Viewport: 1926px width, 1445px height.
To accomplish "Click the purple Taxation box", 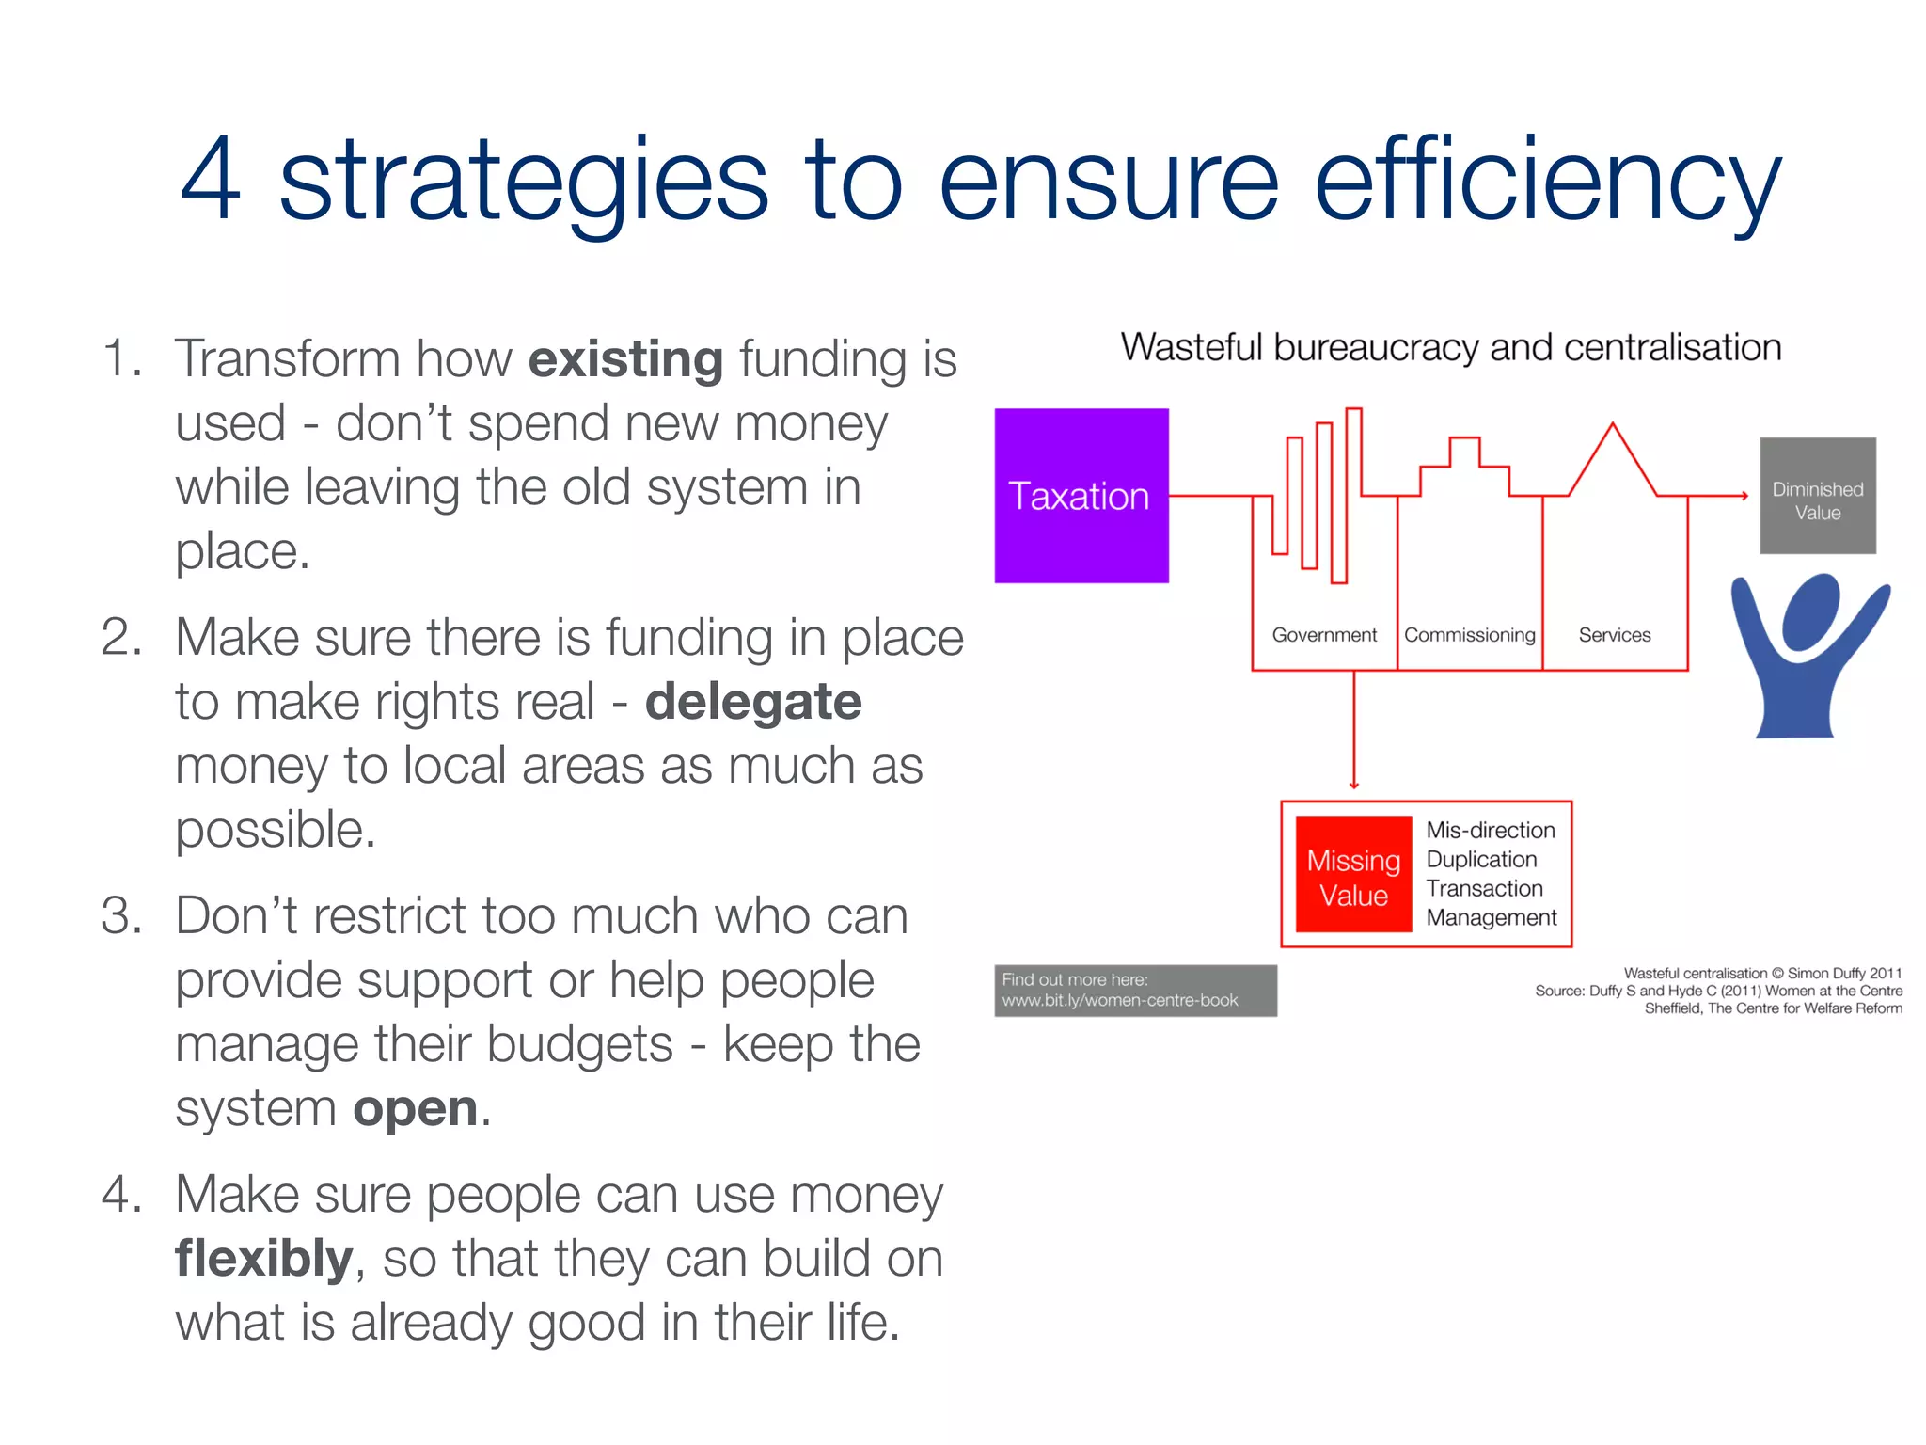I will click(x=1081, y=496).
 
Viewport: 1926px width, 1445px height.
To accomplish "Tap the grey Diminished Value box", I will click(x=1817, y=496).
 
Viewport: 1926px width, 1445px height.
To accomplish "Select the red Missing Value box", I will click(x=1353, y=875).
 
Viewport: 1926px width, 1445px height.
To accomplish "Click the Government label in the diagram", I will click(x=1323, y=635).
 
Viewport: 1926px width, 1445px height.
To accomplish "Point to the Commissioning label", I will click(x=1469, y=635).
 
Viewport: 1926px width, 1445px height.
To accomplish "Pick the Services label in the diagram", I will click(x=1614, y=635).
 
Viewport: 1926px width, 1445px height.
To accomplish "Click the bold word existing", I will click(x=625, y=360).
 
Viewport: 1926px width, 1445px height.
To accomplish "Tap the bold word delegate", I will click(x=752, y=703).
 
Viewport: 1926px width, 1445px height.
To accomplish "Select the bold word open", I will click(x=415, y=1109).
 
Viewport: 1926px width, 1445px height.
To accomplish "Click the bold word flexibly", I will click(x=264, y=1259).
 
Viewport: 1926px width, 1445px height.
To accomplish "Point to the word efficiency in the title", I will click(x=1547, y=181).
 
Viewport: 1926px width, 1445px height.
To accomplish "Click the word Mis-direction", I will click(x=1490, y=831).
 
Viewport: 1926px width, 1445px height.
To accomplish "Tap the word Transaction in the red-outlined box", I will click(x=1484, y=889).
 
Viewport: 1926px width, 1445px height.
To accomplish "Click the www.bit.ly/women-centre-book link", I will click(x=1119, y=1001).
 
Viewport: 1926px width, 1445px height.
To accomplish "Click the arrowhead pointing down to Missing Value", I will click(x=1354, y=784).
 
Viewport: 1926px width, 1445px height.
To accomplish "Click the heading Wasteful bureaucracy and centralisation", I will click(x=1450, y=348).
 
